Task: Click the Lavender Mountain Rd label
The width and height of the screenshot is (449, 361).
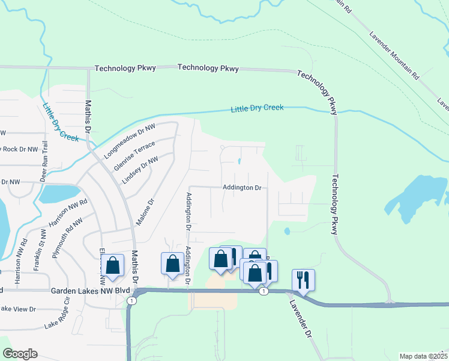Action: pos(394,56)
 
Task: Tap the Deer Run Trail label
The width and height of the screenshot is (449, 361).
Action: pos(43,163)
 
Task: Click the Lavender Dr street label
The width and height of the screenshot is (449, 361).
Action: pos(302,319)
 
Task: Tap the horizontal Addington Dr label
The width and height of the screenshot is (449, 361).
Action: pos(242,188)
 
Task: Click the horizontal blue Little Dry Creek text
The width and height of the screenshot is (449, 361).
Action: pos(257,108)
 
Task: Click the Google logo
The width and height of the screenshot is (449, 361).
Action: pos(20,354)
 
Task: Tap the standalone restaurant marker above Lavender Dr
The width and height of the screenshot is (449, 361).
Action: pos(304,280)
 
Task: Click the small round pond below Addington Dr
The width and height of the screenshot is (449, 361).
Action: pos(287,230)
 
